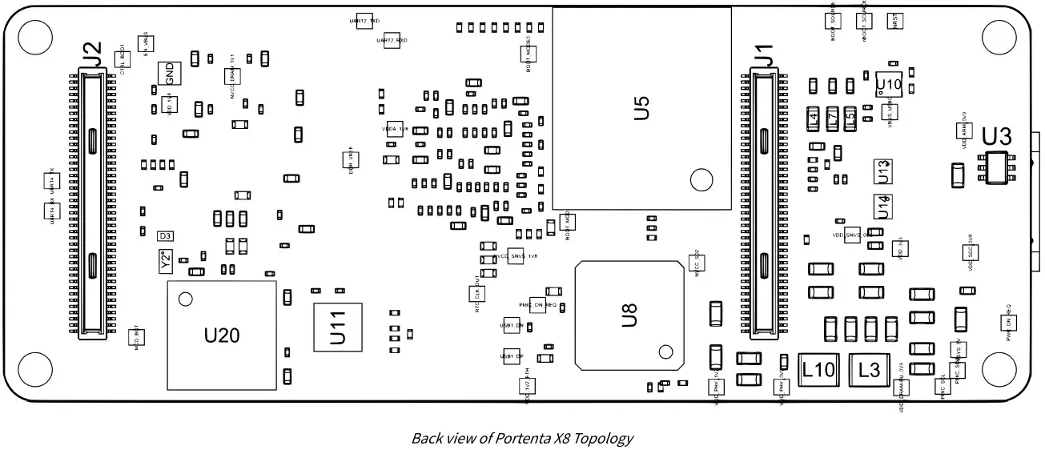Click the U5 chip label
641,108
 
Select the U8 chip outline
629,315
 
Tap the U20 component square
222,335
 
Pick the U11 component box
337,327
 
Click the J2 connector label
93,54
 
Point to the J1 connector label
763,56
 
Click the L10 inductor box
818,370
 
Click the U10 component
889,83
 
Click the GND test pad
169,74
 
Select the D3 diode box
166,236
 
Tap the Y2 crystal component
165,260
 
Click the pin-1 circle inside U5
701,181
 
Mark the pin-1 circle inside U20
186,299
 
